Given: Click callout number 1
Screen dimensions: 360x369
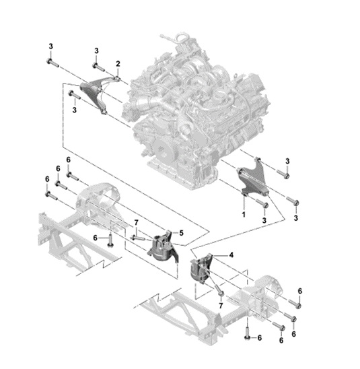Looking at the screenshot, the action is click(x=244, y=214).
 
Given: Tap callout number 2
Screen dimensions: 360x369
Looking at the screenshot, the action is click(x=118, y=63).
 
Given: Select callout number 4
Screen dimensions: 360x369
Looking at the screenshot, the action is click(x=231, y=255).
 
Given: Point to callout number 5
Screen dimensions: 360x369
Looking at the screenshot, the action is click(x=181, y=233).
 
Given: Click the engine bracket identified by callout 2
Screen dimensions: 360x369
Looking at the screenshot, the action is click(x=94, y=93).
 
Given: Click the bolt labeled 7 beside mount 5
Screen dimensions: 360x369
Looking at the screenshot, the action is click(x=139, y=238).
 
